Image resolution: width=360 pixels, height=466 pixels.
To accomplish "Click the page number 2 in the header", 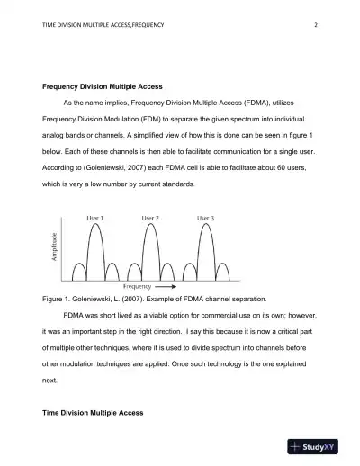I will tap(317, 24).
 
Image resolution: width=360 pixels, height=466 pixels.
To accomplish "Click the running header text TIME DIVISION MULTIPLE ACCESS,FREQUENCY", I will tap(104, 24).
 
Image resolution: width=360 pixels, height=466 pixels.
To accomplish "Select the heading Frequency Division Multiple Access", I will tap(103, 86).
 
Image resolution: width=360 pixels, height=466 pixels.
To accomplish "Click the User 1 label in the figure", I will tap(94, 218).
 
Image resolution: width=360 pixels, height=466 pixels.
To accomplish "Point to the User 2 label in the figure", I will tap(150, 218).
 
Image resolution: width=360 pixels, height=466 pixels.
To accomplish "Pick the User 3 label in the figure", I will tap(205, 218).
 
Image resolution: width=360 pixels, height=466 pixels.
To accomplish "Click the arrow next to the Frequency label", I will tap(166, 285).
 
